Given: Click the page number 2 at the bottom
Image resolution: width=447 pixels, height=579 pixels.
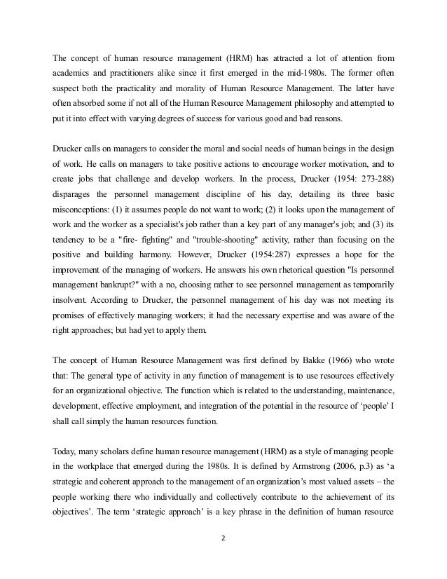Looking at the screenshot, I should (223, 559).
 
